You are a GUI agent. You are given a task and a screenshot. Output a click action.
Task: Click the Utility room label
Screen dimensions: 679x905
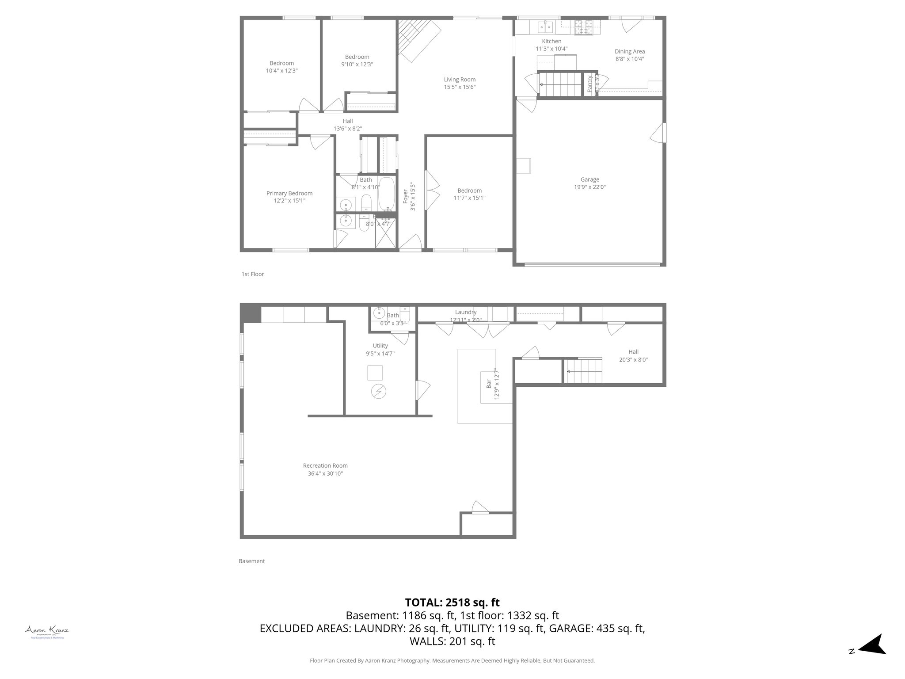[380, 346]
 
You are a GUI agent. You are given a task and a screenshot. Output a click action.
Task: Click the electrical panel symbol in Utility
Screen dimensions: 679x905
[378, 391]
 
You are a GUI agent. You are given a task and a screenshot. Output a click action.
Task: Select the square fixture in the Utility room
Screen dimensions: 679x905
[375, 373]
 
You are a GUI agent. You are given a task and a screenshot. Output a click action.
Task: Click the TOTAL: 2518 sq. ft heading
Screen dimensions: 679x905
[452, 603]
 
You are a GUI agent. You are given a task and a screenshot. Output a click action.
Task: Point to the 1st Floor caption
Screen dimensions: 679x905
[252, 274]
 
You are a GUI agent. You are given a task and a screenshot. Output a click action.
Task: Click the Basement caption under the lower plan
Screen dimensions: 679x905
[251, 561]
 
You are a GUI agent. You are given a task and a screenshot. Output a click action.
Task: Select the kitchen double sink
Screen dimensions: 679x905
[545, 27]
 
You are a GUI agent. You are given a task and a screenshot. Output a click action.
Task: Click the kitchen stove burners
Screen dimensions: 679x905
[585, 27]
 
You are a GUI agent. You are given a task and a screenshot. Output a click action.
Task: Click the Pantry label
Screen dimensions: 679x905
[589, 84]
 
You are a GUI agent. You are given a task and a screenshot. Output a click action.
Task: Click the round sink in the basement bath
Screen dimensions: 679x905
[379, 313]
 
